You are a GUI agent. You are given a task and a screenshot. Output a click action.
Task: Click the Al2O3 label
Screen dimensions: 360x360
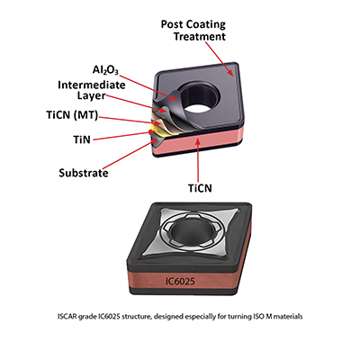pyautogui.click(x=105, y=70)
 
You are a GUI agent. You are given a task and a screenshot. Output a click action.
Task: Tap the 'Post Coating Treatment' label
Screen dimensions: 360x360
pyautogui.click(x=193, y=31)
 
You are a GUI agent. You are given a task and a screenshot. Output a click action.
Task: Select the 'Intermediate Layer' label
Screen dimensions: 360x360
pyautogui.click(x=92, y=90)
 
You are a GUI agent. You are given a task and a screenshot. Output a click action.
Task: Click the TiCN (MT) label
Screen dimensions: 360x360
pyautogui.click(x=72, y=115)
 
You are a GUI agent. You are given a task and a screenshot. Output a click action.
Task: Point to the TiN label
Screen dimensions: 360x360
pyautogui.click(x=82, y=139)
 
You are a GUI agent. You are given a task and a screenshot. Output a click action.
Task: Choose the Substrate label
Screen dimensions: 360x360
pyautogui.click(x=84, y=173)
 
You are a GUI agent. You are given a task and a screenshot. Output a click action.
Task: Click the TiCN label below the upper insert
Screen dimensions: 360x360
pyautogui.click(x=200, y=188)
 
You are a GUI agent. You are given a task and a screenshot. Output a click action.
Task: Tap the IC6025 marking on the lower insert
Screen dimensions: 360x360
pyautogui.click(x=180, y=281)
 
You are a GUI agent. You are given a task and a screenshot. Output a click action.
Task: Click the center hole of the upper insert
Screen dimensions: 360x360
pyautogui.click(x=199, y=97)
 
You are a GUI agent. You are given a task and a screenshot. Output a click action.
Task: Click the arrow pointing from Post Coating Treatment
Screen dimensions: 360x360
pyautogui.click(x=219, y=58)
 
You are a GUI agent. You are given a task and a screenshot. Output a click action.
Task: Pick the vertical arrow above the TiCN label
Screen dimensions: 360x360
pyautogui.click(x=198, y=160)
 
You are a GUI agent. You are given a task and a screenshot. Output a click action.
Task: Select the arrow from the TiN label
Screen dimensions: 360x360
pyautogui.click(x=123, y=135)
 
